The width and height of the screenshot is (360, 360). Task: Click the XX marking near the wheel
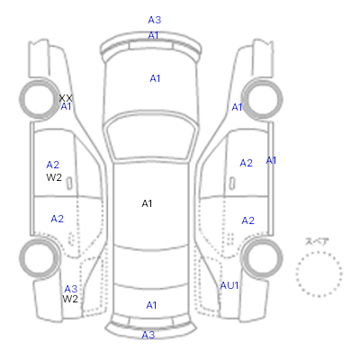click(x=66, y=98)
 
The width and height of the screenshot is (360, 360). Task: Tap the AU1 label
click(x=229, y=285)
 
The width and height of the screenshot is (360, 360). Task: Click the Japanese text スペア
click(x=317, y=241)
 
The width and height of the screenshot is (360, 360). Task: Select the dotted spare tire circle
click(x=319, y=251)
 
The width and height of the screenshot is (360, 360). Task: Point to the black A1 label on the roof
click(x=147, y=203)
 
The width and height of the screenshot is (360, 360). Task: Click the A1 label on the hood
click(x=155, y=78)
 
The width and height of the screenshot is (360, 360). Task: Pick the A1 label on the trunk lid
click(x=151, y=305)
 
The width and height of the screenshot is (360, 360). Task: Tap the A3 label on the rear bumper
click(x=148, y=335)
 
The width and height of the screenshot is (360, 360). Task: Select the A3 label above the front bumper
click(x=155, y=20)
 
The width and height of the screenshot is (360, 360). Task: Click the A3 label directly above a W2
click(x=71, y=289)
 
